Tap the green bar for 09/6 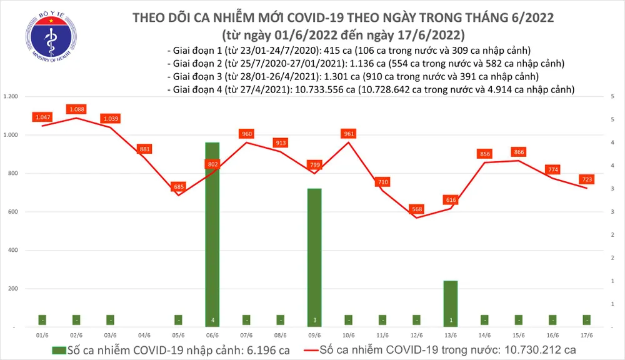315,256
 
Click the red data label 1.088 76,109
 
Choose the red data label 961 349,134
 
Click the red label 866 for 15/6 519,152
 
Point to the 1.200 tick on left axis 11,97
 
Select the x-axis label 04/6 144,335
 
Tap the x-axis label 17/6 587,335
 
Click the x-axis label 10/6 349,335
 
